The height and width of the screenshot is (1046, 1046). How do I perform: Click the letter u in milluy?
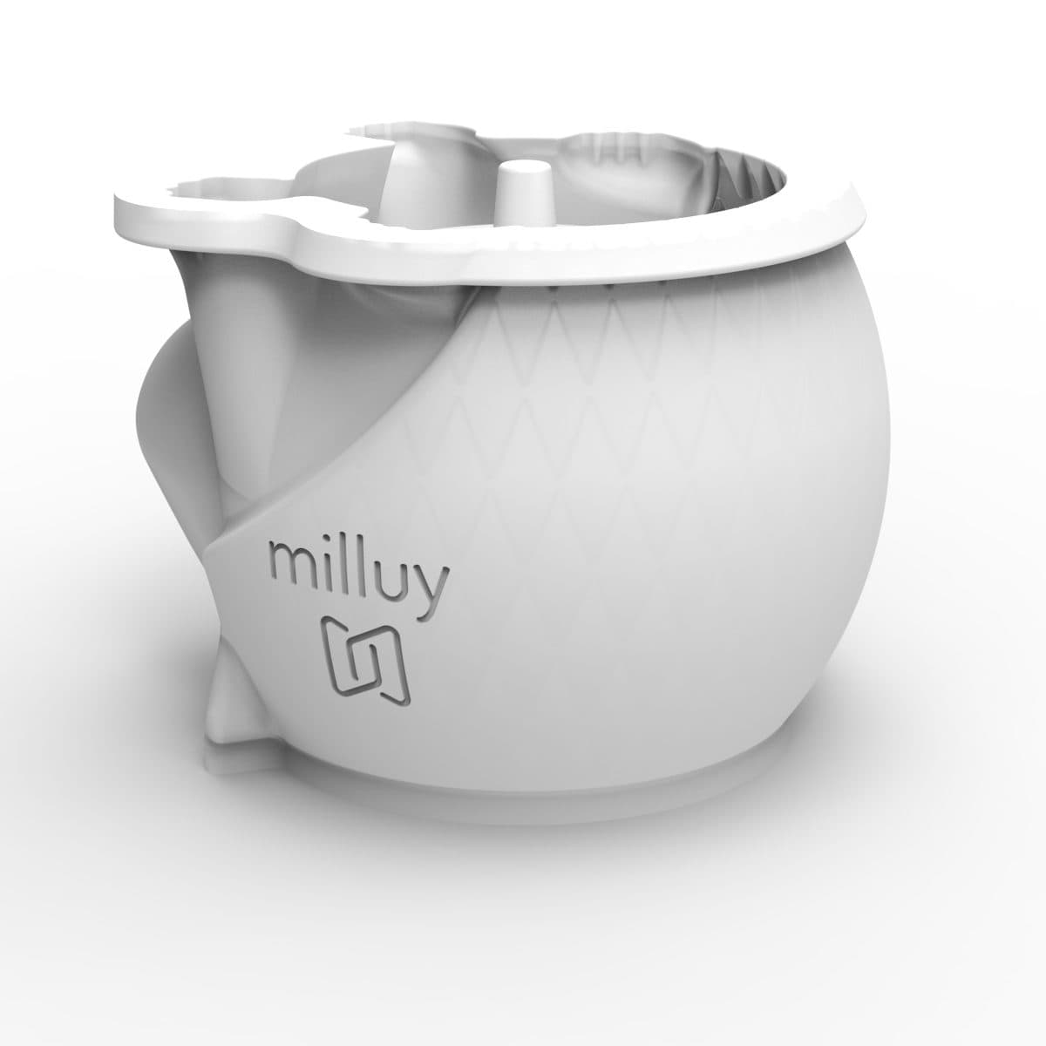click(x=392, y=582)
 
